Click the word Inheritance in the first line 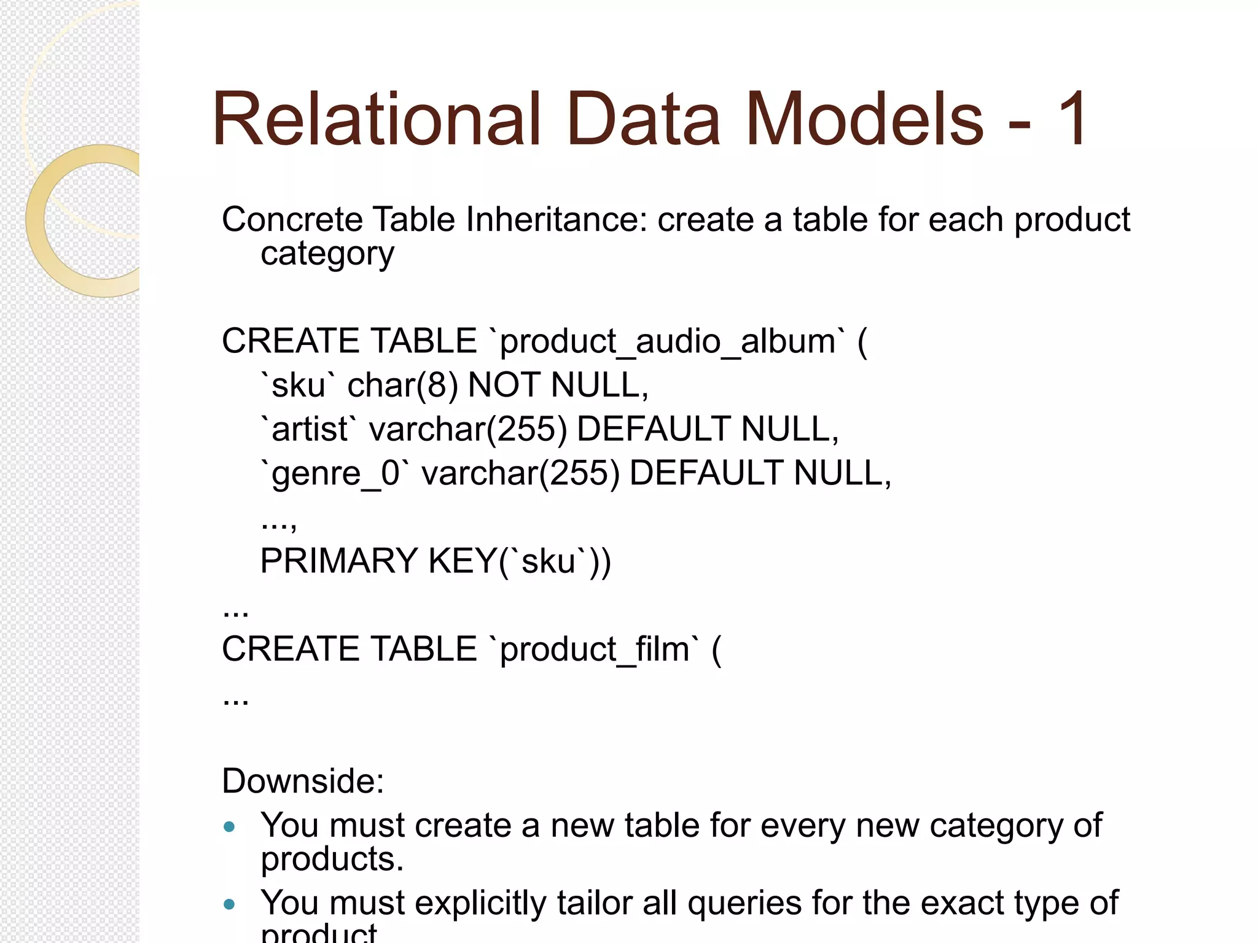click(557, 219)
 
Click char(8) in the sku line click(402, 386)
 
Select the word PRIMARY click(338, 561)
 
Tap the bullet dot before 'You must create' click(230, 827)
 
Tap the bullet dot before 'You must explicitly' click(230, 904)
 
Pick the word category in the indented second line click(327, 254)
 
